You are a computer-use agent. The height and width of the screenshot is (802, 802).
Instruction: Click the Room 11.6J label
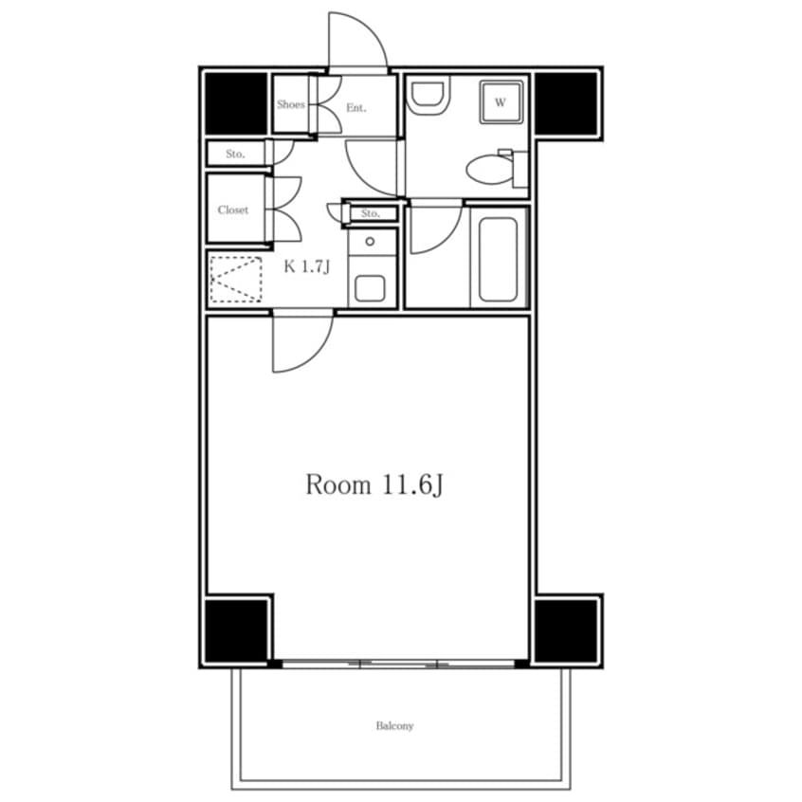tap(374, 484)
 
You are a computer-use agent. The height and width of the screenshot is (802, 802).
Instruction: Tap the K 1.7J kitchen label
tap(307, 266)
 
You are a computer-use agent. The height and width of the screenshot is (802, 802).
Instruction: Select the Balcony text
tap(394, 726)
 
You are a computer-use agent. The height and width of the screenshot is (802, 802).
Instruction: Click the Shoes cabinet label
tap(290, 104)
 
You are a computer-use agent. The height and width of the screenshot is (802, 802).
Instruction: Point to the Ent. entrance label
tap(356, 107)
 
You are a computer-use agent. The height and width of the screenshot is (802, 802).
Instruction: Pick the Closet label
tap(232, 210)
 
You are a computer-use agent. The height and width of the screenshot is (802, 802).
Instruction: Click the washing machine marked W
tap(501, 102)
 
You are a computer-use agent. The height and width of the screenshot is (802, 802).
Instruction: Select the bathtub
tap(499, 260)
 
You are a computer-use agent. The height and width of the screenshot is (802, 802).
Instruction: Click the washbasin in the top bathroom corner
tap(428, 96)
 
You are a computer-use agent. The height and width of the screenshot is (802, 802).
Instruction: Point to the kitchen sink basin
tap(370, 288)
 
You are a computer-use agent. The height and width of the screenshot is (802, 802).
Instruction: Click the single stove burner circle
tap(370, 242)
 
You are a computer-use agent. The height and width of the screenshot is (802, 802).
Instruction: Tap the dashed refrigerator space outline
tap(236, 280)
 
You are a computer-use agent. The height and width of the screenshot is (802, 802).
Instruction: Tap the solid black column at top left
tap(236, 103)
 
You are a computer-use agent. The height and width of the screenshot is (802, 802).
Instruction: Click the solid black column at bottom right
tap(566, 630)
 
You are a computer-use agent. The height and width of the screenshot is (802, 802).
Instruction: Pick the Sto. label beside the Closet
tap(235, 154)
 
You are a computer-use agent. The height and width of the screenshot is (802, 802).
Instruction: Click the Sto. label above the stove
tap(371, 213)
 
